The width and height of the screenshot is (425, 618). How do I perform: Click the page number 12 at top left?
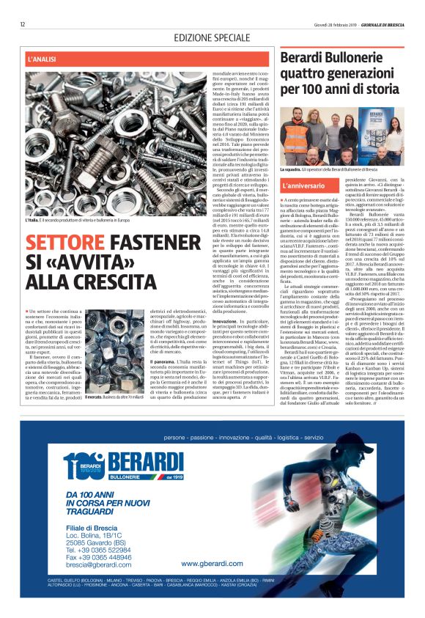(x=23, y=24)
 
